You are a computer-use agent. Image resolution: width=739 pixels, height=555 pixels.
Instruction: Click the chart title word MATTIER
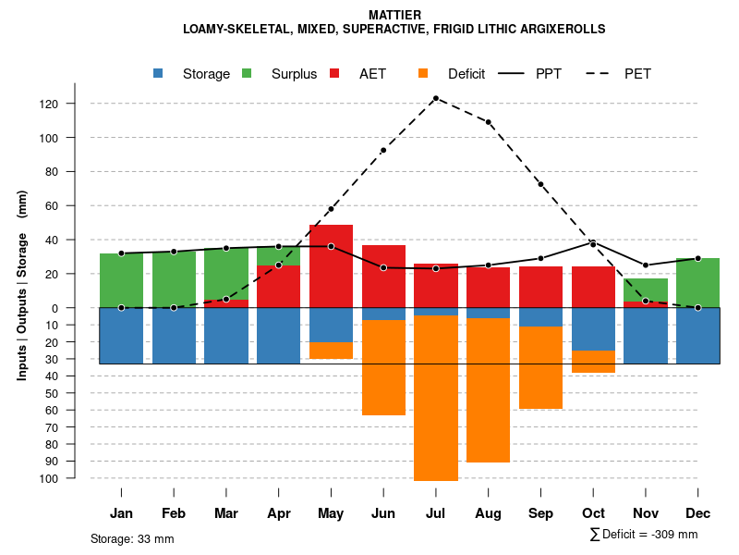(x=394, y=15)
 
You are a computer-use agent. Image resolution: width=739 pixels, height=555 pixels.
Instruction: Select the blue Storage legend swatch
(x=159, y=73)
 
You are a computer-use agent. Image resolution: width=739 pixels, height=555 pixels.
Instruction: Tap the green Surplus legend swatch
(x=247, y=73)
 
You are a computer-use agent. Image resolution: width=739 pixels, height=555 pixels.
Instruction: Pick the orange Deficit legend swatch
(x=423, y=73)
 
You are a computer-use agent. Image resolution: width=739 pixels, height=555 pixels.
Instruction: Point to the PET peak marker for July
(x=436, y=97)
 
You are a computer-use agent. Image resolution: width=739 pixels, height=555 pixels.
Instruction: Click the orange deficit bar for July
(x=436, y=398)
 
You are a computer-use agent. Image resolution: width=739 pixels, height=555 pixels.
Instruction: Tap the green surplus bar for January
(x=121, y=280)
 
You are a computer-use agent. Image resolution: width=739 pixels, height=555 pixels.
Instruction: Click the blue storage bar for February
(x=174, y=336)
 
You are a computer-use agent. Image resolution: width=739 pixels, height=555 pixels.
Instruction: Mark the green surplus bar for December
(x=698, y=283)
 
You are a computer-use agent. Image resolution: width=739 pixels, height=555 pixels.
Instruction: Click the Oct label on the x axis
(x=594, y=513)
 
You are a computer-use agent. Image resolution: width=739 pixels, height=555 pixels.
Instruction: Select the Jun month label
(x=383, y=513)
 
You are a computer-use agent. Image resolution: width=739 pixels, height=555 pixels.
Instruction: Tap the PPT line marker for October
(x=594, y=243)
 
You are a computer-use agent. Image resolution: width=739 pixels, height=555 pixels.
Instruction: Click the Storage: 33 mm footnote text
(x=132, y=538)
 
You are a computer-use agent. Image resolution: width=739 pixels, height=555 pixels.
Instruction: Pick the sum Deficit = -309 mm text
(x=644, y=535)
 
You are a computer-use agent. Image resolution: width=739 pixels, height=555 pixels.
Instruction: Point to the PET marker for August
(x=489, y=122)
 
